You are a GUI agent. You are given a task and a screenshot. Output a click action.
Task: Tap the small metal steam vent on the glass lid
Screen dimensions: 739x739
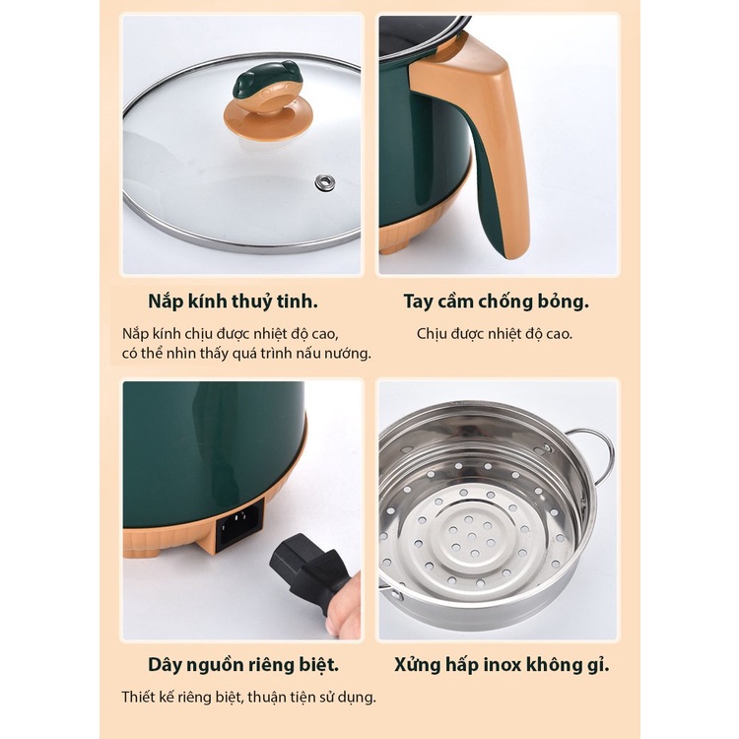(x=325, y=182)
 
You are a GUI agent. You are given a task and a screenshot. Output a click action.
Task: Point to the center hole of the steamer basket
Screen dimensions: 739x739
(x=472, y=536)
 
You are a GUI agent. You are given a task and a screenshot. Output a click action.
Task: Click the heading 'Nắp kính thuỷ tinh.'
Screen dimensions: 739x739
(x=233, y=302)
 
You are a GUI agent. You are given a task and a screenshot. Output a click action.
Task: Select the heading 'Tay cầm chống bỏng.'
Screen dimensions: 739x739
(x=497, y=302)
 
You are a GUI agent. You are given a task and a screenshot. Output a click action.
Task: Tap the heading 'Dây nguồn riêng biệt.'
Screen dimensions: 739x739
(x=243, y=665)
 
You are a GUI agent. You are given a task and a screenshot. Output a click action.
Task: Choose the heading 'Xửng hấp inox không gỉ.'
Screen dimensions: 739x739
(x=502, y=665)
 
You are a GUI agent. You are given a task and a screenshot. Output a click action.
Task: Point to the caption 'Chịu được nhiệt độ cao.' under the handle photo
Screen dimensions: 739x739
(x=495, y=334)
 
